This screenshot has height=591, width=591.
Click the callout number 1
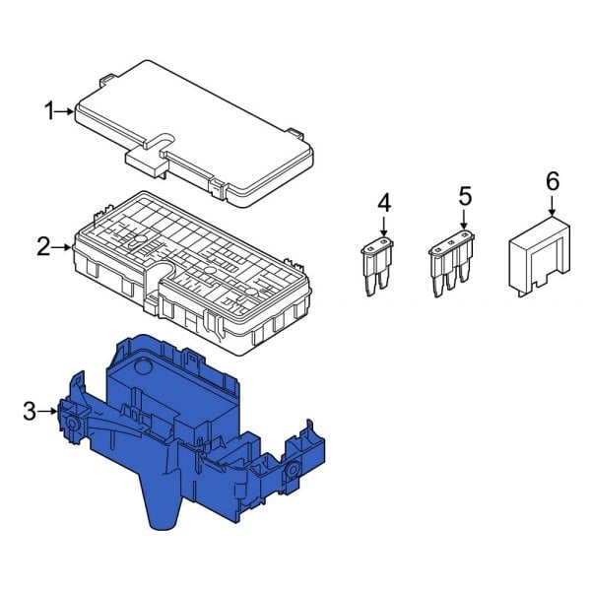[50, 111]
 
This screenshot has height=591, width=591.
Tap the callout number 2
[43, 246]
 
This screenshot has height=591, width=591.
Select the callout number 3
[30, 410]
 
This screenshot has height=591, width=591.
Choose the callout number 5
[465, 196]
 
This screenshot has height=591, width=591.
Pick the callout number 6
[552, 181]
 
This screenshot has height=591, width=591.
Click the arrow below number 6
[552, 205]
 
